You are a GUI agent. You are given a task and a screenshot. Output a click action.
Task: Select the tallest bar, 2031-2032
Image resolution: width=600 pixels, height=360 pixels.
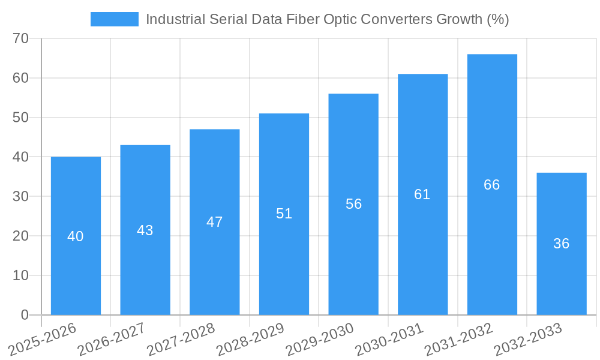[x=492, y=240]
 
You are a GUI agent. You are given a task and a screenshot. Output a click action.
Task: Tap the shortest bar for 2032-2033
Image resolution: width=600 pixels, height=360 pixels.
[x=562, y=276]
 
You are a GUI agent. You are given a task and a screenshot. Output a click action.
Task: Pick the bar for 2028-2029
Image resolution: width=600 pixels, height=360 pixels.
[x=284, y=258]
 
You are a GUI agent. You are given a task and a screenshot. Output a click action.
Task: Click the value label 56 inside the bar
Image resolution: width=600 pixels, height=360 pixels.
[x=353, y=204]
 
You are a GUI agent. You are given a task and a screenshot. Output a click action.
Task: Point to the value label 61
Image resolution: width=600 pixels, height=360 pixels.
[x=422, y=194]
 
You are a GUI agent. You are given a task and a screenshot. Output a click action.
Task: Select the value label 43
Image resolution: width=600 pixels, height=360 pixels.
[x=145, y=230]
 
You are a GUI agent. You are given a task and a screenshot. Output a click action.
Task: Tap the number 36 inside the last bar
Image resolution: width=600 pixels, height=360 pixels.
[x=562, y=244]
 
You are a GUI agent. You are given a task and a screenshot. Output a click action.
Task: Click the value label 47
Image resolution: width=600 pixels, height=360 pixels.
[x=215, y=222]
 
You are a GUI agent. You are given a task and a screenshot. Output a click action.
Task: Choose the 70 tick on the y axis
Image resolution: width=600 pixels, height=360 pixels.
[x=21, y=38]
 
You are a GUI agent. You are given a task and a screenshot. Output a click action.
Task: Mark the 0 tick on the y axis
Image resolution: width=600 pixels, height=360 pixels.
[x=25, y=315]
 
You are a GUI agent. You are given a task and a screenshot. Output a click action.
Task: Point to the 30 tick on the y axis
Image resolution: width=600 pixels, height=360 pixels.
[x=21, y=197]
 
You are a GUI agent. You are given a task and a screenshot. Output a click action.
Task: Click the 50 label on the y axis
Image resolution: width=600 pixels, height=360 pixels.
[x=21, y=118]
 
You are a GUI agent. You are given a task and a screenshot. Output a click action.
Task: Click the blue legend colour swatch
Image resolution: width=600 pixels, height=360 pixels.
[x=114, y=19]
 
